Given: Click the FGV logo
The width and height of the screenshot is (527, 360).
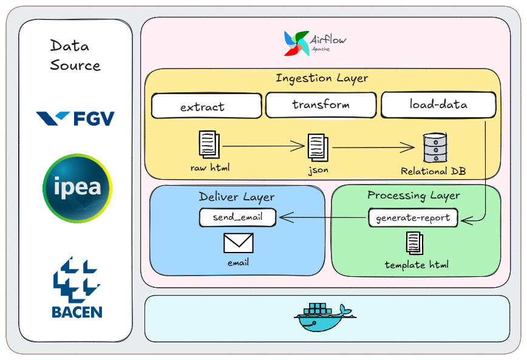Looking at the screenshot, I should [x=75, y=118].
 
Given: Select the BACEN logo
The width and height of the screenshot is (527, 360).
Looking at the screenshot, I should [x=77, y=288].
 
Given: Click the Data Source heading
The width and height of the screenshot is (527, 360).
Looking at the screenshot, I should [x=75, y=55].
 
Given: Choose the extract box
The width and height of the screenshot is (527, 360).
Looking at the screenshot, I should [x=203, y=106].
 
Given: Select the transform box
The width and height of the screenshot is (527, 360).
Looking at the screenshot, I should [x=321, y=104].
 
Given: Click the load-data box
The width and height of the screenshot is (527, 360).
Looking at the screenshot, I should [x=438, y=104].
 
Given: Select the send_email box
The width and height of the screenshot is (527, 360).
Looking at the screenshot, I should [x=237, y=217].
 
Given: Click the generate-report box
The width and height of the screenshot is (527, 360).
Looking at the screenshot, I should [x=413, y=217].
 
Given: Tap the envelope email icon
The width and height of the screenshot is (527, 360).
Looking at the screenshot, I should [x=239, y=243].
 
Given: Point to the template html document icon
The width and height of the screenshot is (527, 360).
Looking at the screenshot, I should [x=415, y=243].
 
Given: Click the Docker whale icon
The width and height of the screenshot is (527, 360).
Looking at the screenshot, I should [x=322, y=317].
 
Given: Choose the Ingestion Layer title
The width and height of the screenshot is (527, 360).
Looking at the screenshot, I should [x=322, y=78].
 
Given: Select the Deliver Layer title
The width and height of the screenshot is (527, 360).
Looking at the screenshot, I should [x=237, y=197].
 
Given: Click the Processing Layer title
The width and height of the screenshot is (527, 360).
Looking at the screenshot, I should [x=413, y=195].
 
